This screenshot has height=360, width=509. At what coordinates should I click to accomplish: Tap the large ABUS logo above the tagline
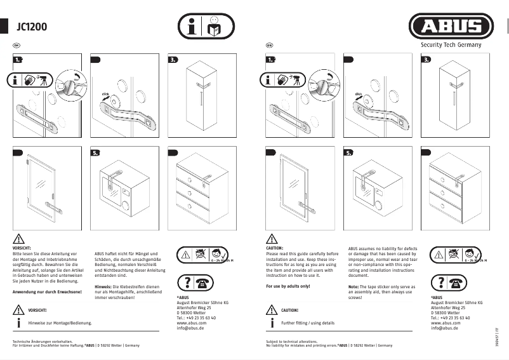[x=451, y=27]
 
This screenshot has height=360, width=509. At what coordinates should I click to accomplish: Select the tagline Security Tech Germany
[x=451, y=45]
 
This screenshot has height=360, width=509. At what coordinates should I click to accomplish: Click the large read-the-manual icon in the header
[x=205, y=27]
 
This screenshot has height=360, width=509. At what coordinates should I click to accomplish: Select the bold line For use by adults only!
[x=288, y=286]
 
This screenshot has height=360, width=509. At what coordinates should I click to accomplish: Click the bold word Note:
[x=354, y=286]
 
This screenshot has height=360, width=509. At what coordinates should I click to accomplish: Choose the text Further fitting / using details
[x=308, y=323]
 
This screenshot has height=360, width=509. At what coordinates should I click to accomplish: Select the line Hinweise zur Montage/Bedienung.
[x=60, y=323]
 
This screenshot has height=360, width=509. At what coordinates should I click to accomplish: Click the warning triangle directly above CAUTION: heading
[x=272, y=239]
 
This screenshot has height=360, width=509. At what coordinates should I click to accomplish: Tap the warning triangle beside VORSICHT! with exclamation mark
[x=18, y=310]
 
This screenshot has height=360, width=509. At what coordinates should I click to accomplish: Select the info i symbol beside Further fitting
[x=271, y=323]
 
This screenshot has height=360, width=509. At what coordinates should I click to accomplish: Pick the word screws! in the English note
[x=355, y=297]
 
